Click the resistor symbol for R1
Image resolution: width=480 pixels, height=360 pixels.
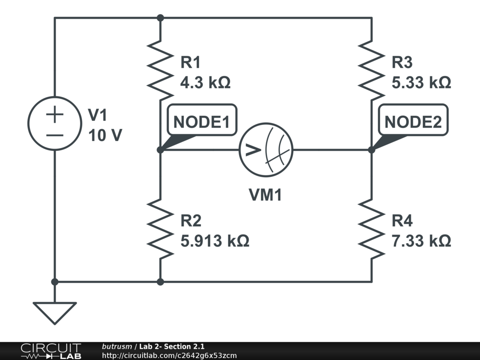pos(160,71)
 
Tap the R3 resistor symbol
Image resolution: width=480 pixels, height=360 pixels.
pos(372,71)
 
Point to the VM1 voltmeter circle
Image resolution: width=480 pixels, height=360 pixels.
pos(266,150)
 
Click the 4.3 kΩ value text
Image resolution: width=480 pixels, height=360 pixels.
pos(205,83)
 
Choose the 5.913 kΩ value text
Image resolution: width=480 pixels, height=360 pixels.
pos(215,241)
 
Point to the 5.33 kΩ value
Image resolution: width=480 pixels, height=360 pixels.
pos(421,83)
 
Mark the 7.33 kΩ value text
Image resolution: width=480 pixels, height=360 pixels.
pos(421,241)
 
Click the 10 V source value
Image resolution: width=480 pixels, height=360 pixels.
pos(105,135)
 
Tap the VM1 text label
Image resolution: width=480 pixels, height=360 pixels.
pos(265,195)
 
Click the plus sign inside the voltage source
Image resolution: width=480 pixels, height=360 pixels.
pos(55,114)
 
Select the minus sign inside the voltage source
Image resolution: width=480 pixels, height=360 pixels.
pos(55,135)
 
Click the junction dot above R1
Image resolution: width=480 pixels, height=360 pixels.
pos(160,18)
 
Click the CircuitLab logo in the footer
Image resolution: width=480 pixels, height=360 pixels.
pos(50,351)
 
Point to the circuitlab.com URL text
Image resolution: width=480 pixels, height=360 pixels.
pos(169,355)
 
